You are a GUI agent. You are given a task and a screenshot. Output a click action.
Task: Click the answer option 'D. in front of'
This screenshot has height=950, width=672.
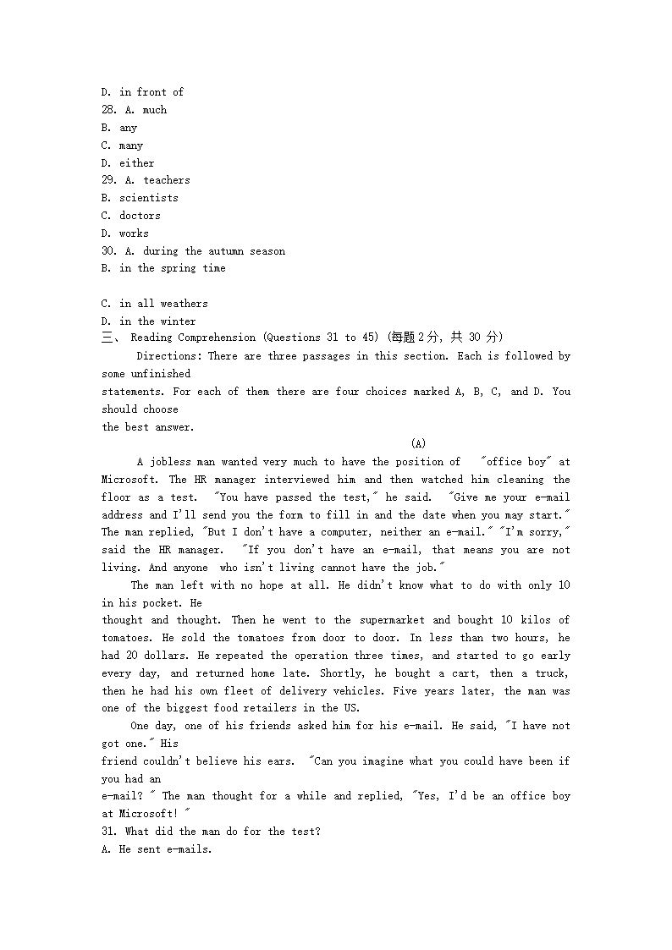[x=142, y=92]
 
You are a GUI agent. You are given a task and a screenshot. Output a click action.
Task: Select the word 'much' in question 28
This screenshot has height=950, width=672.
[x=155, y=110]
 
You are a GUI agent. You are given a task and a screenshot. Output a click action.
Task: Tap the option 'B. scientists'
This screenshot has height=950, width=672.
[x=140, y=198]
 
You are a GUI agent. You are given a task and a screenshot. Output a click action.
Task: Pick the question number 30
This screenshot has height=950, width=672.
[x=108, y=251]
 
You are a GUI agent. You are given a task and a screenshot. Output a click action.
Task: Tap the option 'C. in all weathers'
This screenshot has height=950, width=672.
[x=154, y=304]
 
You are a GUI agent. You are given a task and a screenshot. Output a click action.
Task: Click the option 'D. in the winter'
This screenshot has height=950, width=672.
[x=148, y=321]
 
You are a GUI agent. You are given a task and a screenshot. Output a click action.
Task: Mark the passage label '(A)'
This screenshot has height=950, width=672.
[x=418, y=443]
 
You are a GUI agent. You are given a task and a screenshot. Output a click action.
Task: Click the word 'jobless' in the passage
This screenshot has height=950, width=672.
[x=170, y=462]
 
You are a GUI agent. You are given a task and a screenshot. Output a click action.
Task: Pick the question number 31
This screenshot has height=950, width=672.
[x=108, y=832]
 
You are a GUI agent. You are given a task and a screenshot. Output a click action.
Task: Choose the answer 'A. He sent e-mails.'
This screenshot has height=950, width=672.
[x=157, y=849]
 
